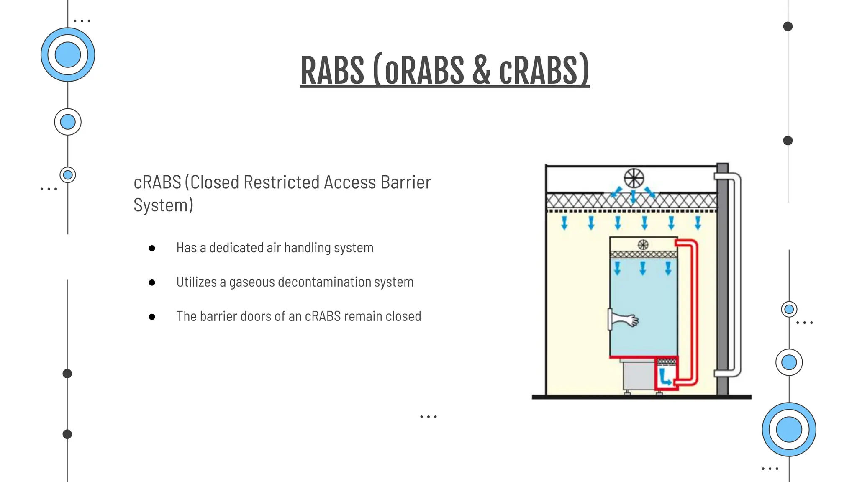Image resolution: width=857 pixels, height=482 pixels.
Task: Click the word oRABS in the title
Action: pyautogui.click(x=424, y=70)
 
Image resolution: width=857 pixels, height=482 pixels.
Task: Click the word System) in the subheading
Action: pyautogui.click(x=163, y=205)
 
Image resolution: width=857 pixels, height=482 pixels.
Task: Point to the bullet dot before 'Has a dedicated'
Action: pyautogui.click(x=152, y=248)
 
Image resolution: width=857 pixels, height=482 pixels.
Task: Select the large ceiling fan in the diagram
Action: pyautogui.click(x=634, y=179)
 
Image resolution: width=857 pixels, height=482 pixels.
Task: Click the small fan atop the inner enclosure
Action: pyautogui.click(x=643, y=245)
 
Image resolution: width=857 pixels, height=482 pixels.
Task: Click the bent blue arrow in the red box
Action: pyautogui.click(x=665, y=377)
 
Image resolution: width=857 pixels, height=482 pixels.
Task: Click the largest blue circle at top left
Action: pyautogui.click(x=68, y=55)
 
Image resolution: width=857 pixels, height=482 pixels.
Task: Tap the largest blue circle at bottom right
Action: pyautogui.click(x=789, y=429)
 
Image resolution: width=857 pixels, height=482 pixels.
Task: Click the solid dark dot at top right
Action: pyautogui.click(x=788, y=26)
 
